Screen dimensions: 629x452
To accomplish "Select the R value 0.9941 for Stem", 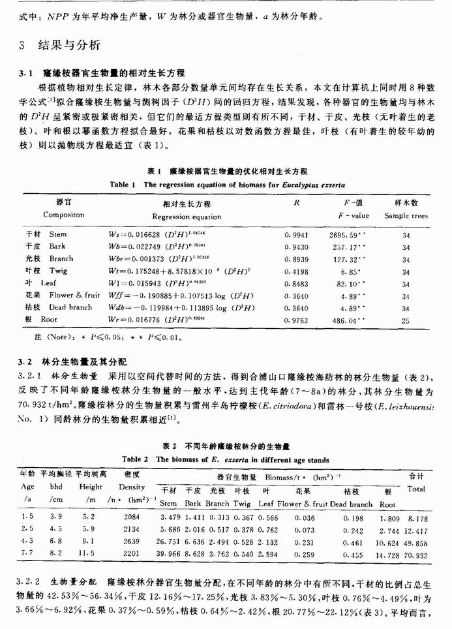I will pyautogui.click(x=297, y=233).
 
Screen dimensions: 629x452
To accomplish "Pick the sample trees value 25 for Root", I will pyautogui.click(x=406, y=320).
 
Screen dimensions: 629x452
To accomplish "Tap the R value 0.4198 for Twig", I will pyautogui.click(x=297, y=270).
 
